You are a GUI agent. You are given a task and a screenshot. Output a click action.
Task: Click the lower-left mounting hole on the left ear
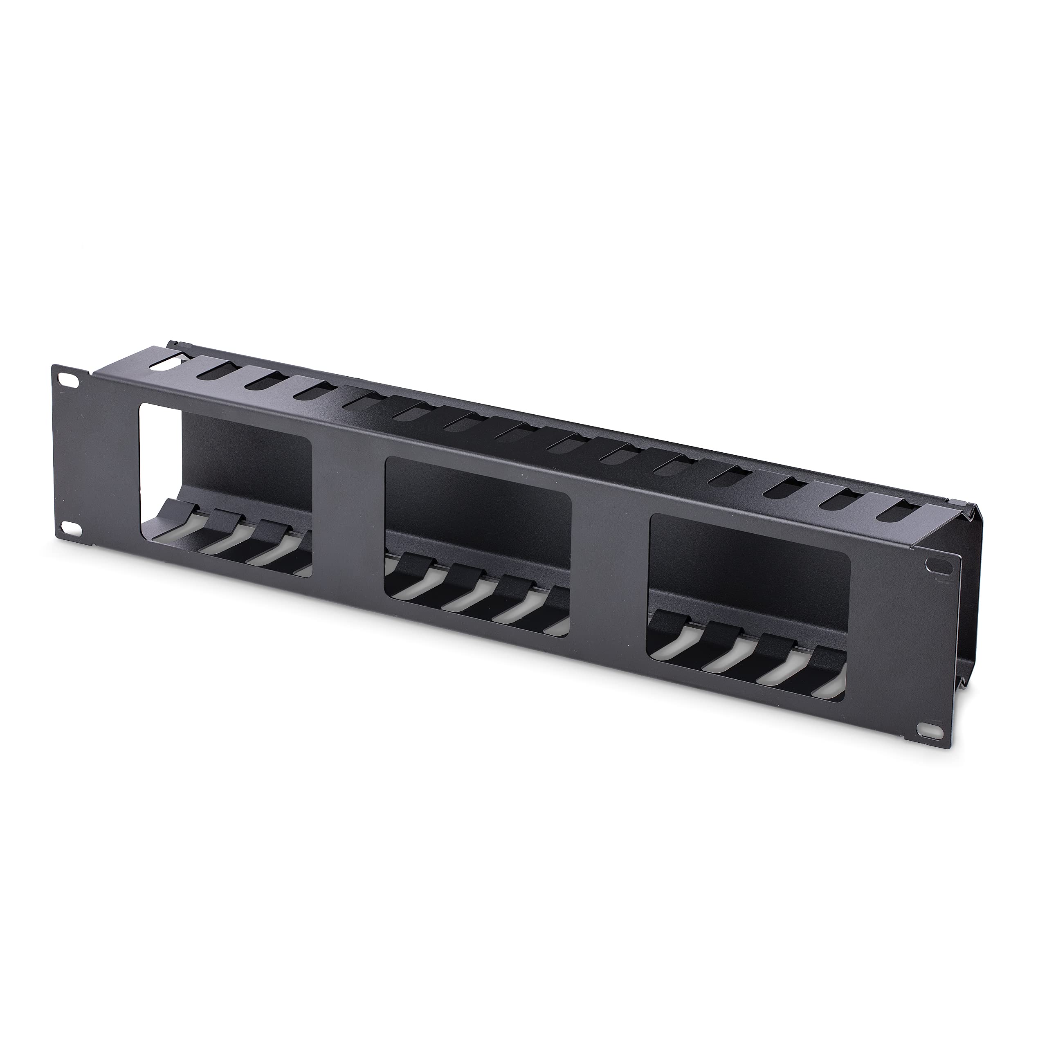click(68, 527)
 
